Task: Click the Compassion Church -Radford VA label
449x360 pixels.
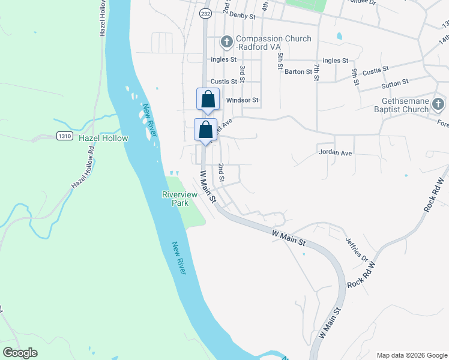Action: [274, 43]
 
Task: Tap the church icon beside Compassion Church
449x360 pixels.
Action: [226, 42]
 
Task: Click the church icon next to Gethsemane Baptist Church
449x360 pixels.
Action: [439, 105]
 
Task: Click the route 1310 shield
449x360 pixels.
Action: [65, 137]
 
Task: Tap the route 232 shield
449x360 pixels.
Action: [205, 13]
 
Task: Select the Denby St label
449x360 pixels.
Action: [243, 14]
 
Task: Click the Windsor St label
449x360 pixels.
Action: [242, 100]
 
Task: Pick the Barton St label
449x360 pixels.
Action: [298, 72]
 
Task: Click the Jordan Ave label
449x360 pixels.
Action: [335, 153]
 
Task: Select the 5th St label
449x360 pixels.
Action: [280, 61]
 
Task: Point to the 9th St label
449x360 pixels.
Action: [355, 76]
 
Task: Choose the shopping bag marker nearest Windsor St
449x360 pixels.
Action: [208, 100]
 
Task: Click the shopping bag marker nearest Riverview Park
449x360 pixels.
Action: [205, 130]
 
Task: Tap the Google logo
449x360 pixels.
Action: [20, 353]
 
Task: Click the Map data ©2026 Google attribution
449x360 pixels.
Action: [412, 355]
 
